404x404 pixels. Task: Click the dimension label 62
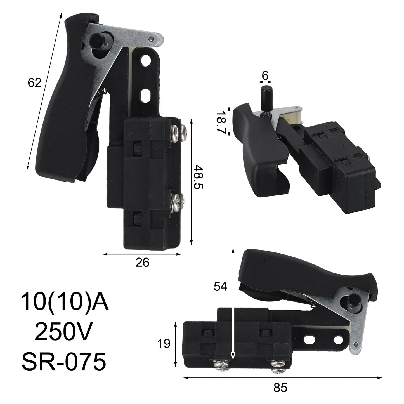(35, 83)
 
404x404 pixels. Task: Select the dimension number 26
(142, 263)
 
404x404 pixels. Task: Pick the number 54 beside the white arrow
(221, 286)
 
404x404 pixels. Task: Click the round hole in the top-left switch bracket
(145, 60)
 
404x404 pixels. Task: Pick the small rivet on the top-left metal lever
(151, 39)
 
